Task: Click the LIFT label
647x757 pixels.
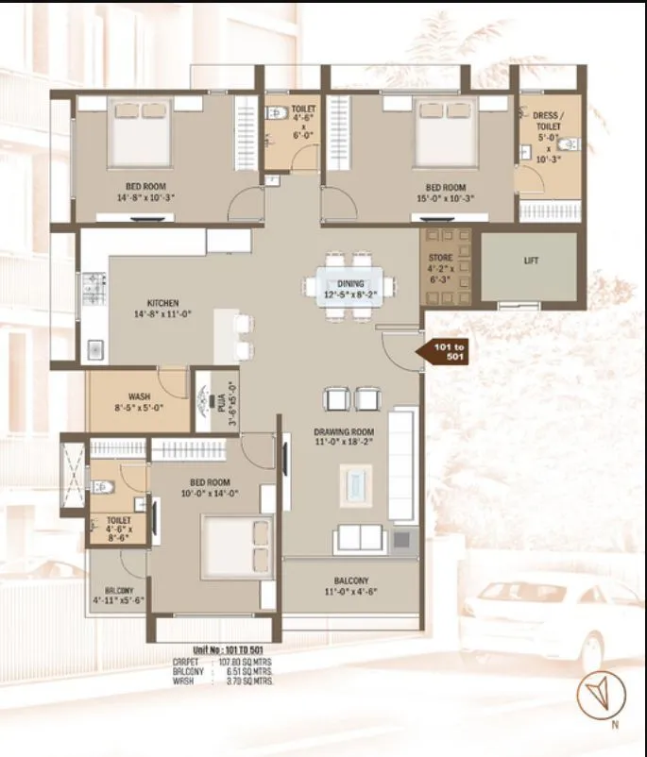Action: tap(531, 261)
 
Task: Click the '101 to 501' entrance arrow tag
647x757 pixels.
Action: tap(445, 353)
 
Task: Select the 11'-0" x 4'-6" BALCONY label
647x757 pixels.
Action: tap(350, 586)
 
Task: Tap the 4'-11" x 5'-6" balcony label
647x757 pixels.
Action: tap(118, 595)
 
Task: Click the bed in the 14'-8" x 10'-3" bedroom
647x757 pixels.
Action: tap(141, 135)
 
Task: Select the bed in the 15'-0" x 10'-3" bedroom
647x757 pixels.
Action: tap(445, 134)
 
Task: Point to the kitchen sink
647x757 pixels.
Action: tap(94, 348)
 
